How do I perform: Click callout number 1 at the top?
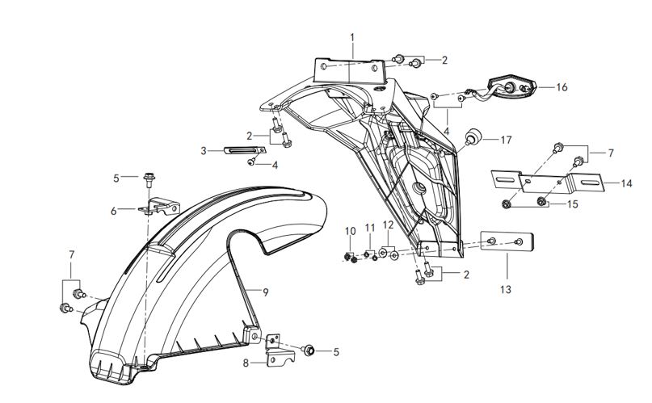[352, 38]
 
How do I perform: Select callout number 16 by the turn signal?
[562, 87]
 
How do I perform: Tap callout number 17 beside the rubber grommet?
[506, 140]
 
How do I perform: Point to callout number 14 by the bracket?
[626, 183]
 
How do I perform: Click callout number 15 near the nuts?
[573, 204]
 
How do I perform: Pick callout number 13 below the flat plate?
[506, 289]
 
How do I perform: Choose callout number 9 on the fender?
[266, 292]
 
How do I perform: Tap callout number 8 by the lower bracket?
[246, 363]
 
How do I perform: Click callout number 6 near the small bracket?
[114, 211]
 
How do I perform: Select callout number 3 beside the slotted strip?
[204, 151]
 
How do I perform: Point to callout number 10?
[351, 231]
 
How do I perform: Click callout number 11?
[370, 228]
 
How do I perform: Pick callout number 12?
[388, 225]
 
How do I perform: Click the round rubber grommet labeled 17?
[473, 136]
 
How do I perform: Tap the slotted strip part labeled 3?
[245, 150]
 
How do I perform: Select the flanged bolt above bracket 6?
[149, 179]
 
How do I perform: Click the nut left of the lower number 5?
[308, 351]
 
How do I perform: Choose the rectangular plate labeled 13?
[507, 241]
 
